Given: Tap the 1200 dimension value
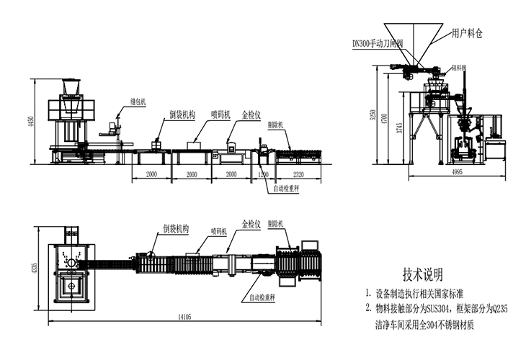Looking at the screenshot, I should tap(264, 175).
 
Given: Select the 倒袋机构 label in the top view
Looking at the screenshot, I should tap(174, 228).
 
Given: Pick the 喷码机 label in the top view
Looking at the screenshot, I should tap(218, 232).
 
